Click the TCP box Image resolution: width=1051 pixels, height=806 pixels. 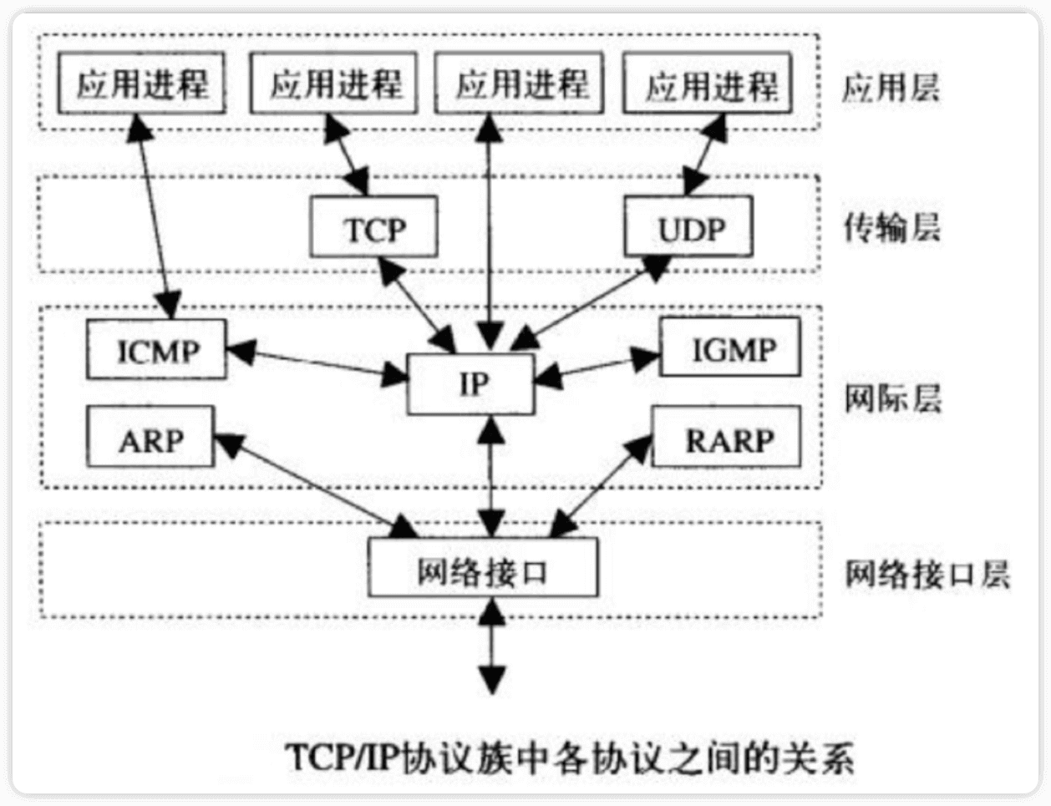(373, 226)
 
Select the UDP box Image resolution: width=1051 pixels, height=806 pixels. (688, 226)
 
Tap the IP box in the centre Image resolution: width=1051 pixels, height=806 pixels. (470, 383)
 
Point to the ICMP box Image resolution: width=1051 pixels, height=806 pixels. (157, 349)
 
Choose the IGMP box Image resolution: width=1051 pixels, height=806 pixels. (730, 347)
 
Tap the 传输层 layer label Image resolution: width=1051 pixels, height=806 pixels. (891, 227)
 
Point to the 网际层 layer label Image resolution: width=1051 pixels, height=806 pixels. (891, 398)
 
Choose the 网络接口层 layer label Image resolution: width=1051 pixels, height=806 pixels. (926, 575)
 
